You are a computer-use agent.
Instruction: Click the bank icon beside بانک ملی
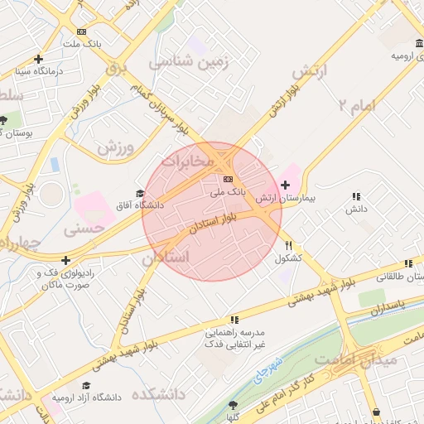point(228,178)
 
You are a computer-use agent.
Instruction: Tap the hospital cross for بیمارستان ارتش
point(286,185)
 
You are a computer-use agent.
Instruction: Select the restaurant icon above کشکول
point(289,245)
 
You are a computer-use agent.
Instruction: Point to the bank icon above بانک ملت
point(80,31)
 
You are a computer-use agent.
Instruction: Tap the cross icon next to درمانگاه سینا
point(38,59)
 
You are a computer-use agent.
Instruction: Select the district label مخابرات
point(199,158)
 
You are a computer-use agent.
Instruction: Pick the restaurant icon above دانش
point(356,196)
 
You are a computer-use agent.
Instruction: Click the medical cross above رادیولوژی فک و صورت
point(65,261)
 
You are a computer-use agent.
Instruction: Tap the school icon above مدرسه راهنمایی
point(234,319)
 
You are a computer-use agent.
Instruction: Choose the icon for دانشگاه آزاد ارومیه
point(85,385)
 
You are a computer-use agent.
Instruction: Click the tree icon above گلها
point(234,405)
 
